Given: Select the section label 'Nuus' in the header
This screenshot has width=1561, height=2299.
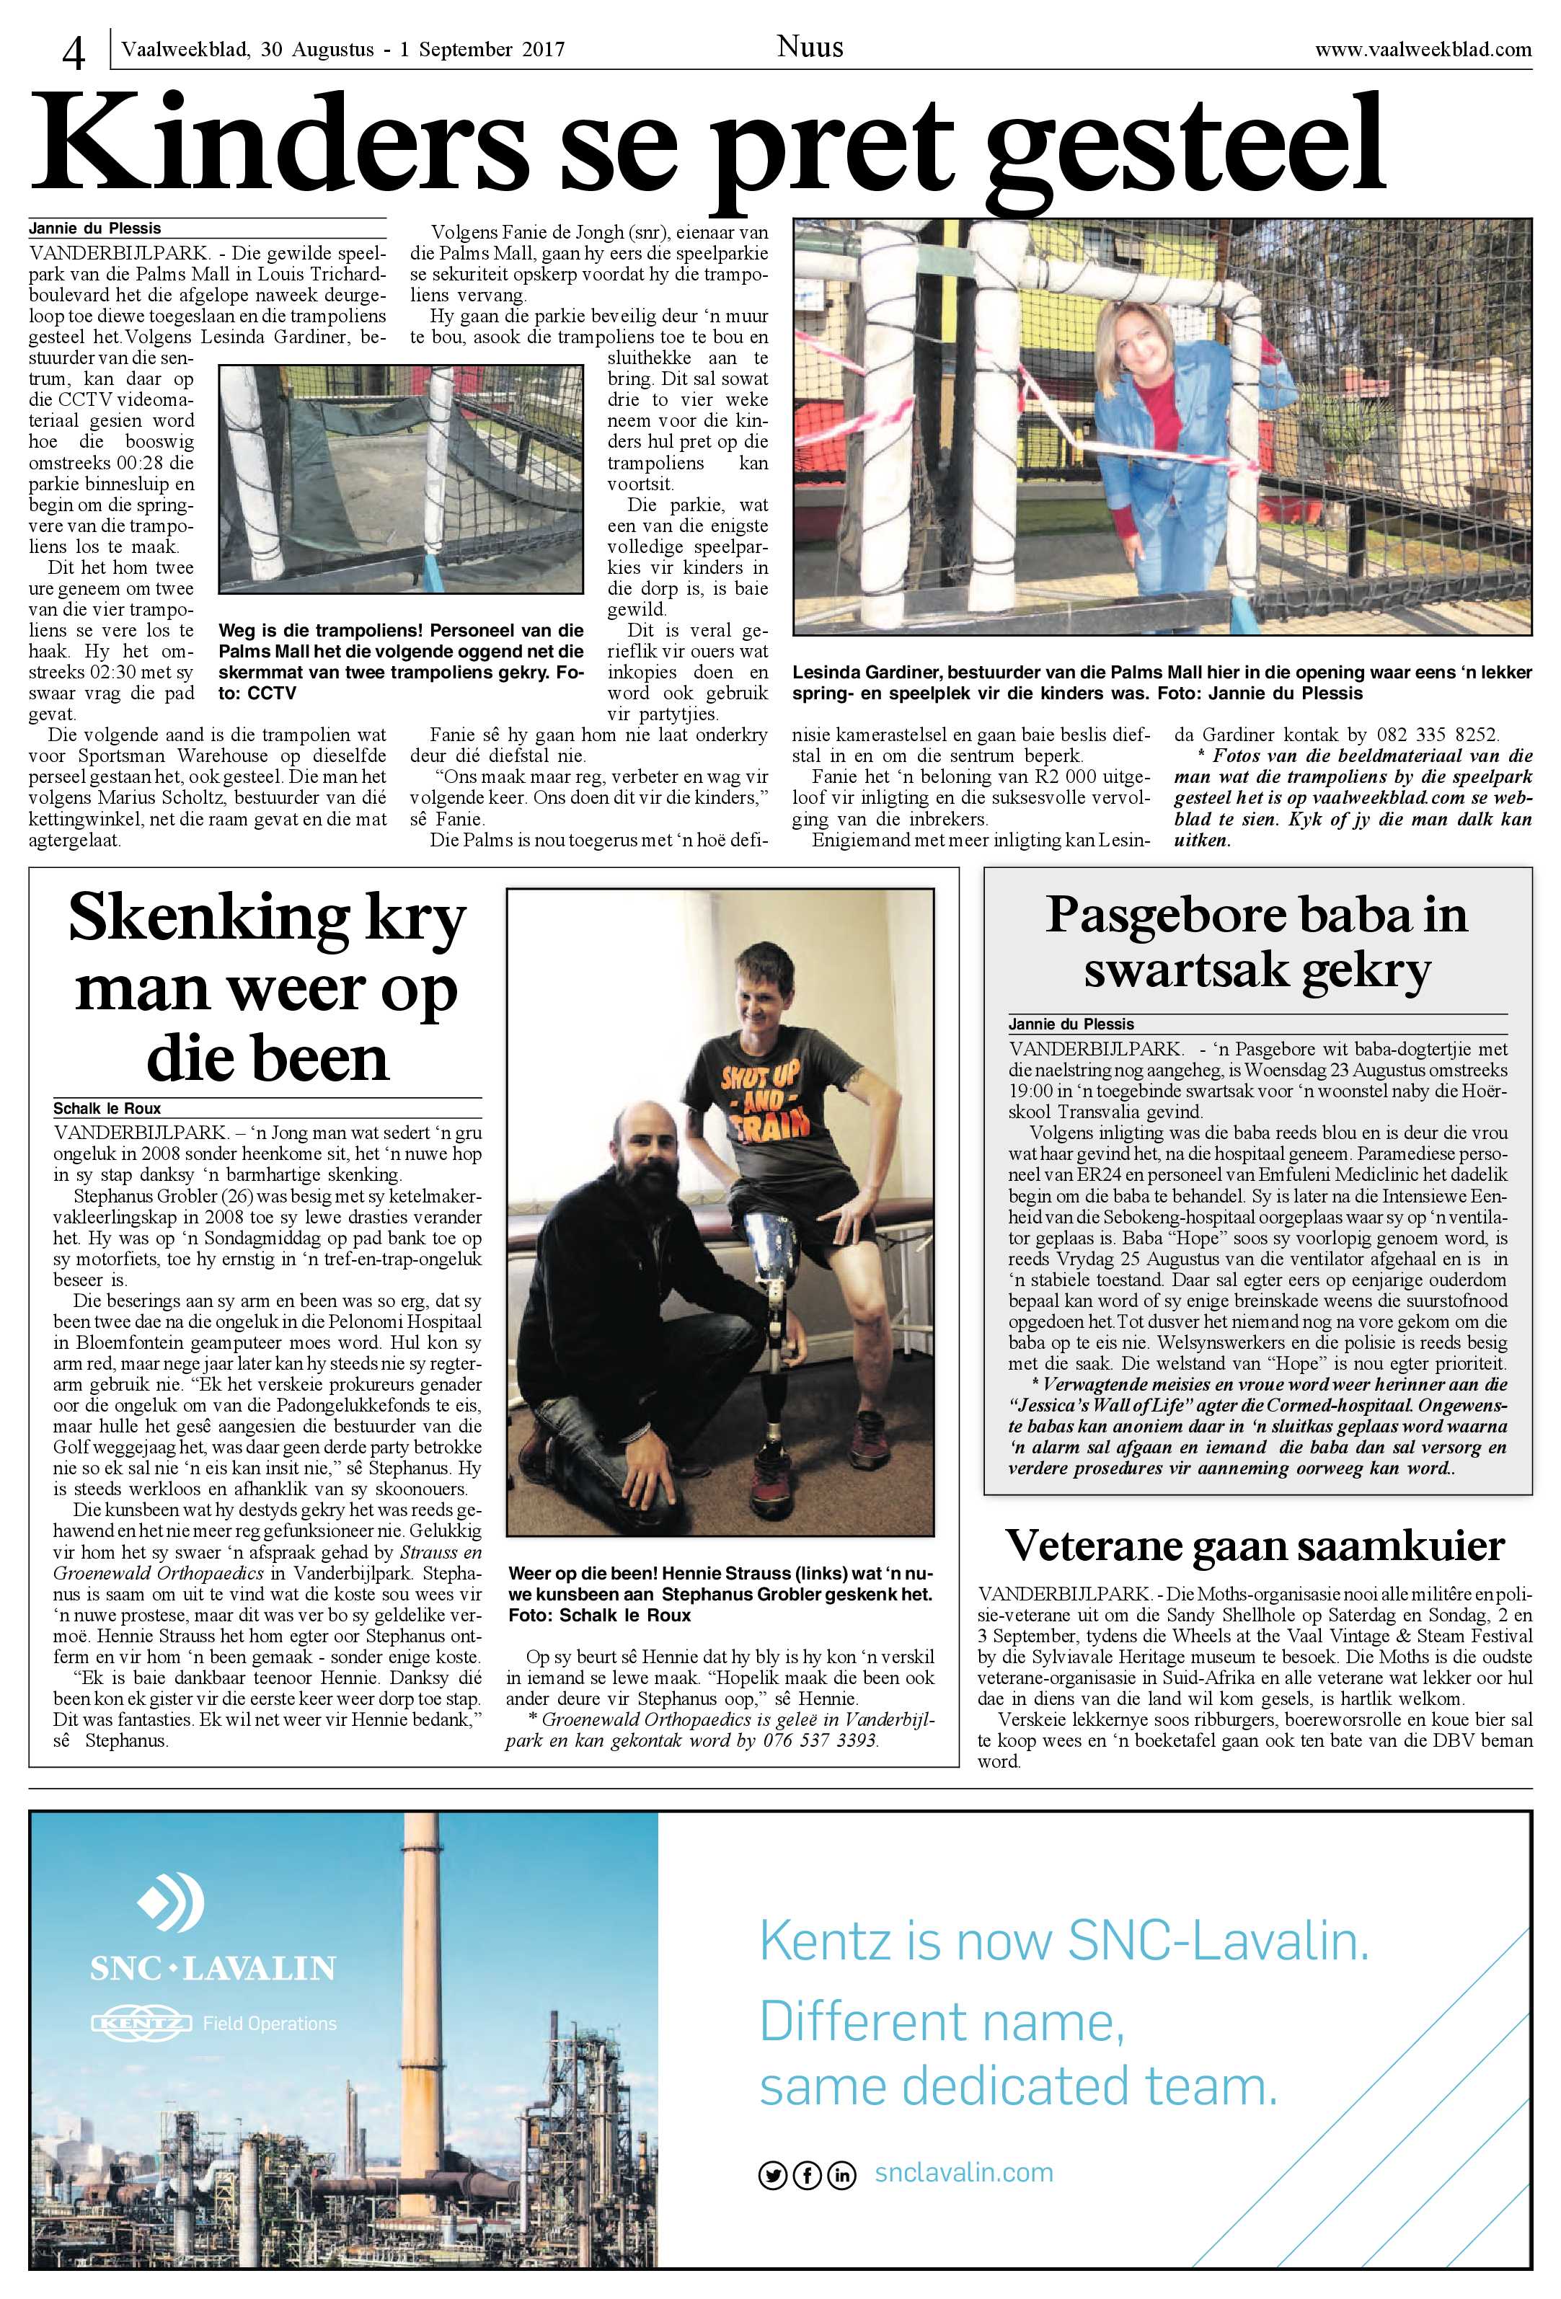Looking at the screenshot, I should point(809,46).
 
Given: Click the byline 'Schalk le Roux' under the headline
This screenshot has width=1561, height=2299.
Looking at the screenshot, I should point(107,1108).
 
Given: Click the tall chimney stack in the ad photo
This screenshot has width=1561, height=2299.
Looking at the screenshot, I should point(425,1969).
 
